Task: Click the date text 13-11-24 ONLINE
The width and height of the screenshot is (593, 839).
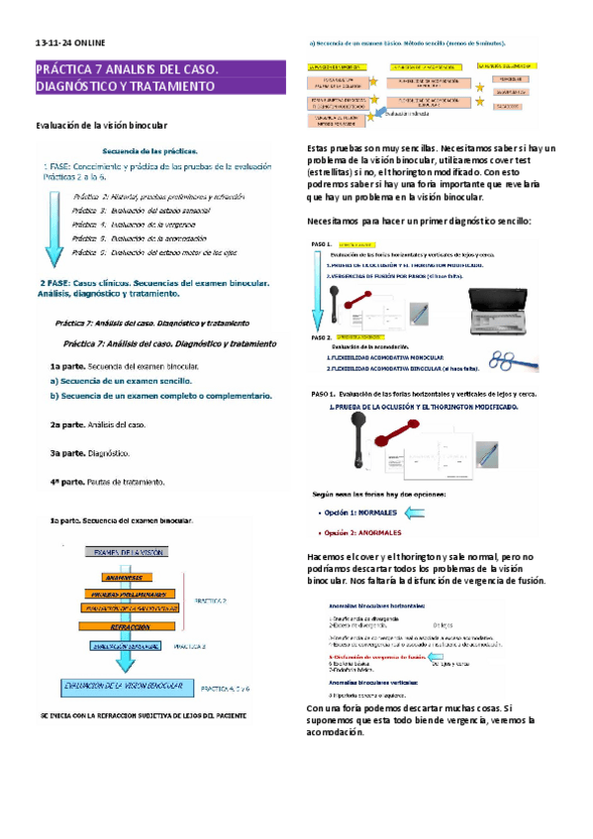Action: (x=69, y=44)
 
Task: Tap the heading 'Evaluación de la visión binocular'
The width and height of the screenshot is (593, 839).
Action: (x=102, y=126)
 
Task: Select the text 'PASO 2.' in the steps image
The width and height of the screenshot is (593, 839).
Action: (x=321, y=338)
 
